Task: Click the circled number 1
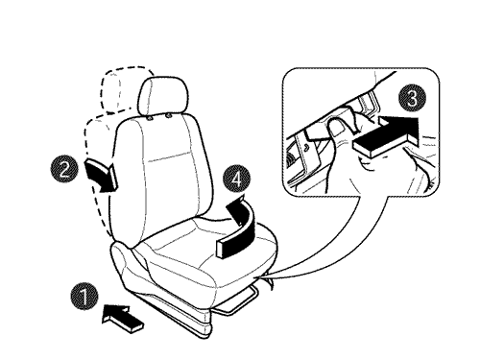84,297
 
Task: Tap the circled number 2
64,169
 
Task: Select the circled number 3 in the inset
413,99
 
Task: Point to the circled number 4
237,180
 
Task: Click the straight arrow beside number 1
122,319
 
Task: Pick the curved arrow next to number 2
103,177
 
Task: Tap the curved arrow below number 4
239,228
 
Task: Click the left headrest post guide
150,118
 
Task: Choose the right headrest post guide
168,115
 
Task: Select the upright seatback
160,180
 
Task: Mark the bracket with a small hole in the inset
308,148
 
